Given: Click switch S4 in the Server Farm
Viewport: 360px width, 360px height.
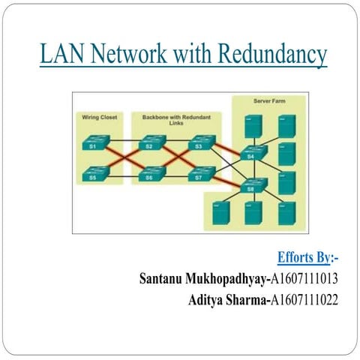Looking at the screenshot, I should (252, 154).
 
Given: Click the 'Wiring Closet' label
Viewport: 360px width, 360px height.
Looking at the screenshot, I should (97, 117).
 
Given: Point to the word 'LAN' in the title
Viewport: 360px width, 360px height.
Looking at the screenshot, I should (59, 55).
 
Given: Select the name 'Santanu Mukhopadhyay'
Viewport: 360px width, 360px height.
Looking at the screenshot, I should (202, 280).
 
